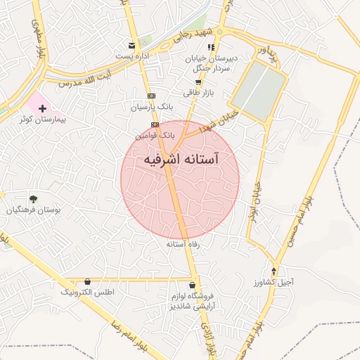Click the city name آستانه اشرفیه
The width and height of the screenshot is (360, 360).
click(181, 160)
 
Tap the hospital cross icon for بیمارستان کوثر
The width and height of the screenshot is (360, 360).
click(43, 109)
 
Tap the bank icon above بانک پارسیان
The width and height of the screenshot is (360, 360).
click(150, 96)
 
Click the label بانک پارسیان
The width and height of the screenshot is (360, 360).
click(151, 106)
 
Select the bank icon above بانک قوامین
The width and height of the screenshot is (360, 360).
click(155, 124)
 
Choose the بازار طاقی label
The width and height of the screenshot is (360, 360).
click(198, 93)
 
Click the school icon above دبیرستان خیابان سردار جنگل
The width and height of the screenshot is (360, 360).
click(211, 47)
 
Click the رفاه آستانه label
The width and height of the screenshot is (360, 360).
click(184, 244)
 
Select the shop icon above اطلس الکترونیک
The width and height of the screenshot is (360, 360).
click(87, 281)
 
